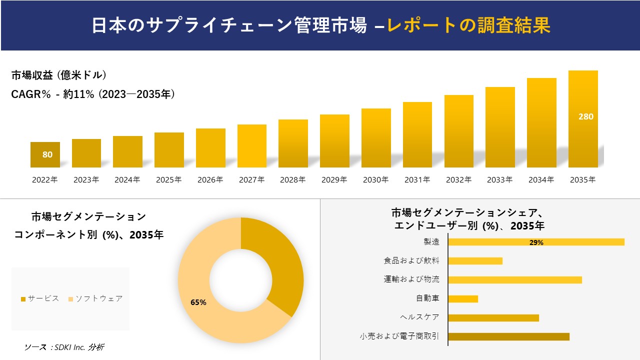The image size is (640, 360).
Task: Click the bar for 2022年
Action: (45, 155)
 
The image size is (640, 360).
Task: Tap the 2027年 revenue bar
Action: (252, 146)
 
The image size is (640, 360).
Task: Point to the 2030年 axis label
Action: (375, 180)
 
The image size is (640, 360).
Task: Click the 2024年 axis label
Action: (127, 180)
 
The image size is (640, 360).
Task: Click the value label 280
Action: (585, 116)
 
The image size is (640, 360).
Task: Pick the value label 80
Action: (47, 154)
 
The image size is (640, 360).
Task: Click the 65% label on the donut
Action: (198, 302)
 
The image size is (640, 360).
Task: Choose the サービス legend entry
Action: (40, 298)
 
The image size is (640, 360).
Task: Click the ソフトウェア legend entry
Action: (95, 298)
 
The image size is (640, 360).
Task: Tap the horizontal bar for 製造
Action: (536, 242)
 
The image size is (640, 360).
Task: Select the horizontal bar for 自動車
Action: (463, 298)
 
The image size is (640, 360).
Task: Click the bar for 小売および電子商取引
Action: (508, 336)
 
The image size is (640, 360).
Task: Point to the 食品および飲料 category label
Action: (411, 260)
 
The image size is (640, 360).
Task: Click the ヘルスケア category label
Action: (419, 317)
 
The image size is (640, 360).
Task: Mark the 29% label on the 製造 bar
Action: (536, 242)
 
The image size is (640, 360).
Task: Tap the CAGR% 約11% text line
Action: (93, 94)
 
